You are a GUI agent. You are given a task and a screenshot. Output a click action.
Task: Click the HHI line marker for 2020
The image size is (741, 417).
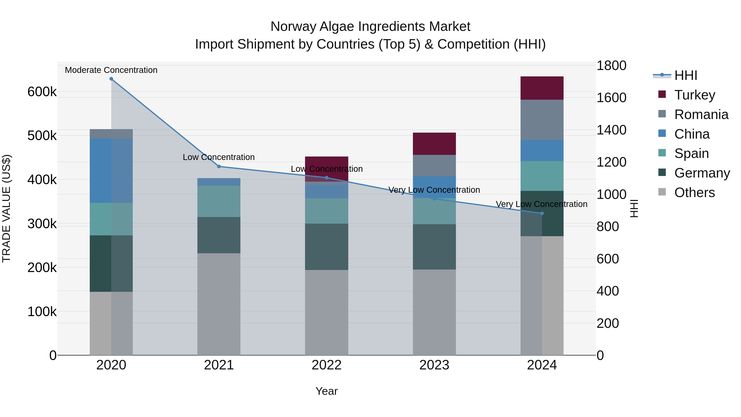111,79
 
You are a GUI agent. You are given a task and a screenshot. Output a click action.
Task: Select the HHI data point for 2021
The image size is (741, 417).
219,167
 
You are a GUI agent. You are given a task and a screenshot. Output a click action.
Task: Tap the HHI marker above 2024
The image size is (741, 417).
542,214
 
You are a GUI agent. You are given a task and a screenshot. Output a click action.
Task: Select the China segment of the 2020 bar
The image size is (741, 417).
111,171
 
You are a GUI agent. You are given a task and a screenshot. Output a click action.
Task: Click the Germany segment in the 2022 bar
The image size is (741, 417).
326,247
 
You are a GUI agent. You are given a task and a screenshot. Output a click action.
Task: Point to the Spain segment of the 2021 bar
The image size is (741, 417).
219,201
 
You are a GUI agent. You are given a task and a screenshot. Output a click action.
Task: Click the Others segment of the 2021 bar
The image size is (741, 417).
219,304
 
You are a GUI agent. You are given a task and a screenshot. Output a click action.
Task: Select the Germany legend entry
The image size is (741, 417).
702,173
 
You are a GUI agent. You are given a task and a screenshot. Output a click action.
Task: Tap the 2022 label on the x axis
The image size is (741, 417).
326,365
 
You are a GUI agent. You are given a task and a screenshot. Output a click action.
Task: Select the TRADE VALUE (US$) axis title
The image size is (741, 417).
6,208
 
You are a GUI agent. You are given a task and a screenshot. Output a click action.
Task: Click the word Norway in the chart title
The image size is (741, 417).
293,27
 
